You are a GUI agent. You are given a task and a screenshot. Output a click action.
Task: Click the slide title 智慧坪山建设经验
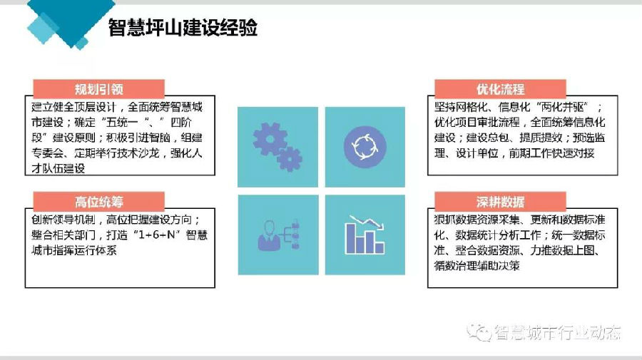183,28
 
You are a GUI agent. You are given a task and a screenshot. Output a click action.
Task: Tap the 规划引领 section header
98,89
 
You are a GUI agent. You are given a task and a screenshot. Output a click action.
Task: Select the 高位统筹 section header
98,201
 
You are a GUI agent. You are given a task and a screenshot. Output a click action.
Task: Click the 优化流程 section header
500,89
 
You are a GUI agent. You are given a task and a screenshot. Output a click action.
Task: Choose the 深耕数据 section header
500,201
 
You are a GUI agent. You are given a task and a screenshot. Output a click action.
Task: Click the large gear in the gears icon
269,140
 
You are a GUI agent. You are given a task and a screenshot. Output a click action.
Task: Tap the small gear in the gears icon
290,159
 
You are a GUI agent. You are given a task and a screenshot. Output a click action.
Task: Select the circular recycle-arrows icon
365,147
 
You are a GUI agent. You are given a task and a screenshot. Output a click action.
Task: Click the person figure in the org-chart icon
269,236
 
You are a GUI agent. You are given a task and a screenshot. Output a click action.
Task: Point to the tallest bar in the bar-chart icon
351,239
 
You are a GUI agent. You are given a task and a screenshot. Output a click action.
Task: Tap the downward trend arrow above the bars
366,222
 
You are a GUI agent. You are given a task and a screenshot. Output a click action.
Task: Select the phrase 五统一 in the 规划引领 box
128,122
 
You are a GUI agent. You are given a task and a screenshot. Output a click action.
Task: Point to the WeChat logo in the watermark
479,331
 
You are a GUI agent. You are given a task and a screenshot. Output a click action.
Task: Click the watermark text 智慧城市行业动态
558,333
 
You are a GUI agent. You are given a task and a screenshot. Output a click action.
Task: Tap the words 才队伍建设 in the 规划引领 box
58,168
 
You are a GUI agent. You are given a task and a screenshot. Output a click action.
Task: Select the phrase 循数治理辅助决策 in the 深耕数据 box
477,266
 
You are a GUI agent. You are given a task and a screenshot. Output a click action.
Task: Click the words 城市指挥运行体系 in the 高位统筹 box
74,250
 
